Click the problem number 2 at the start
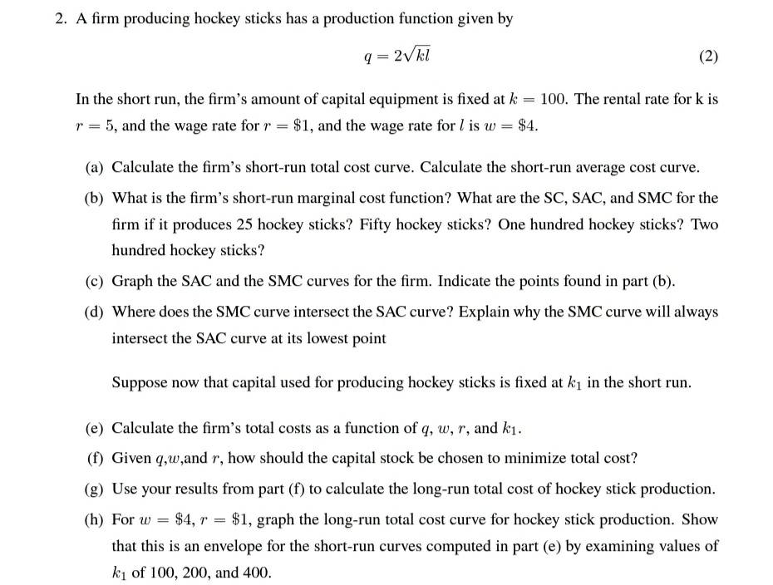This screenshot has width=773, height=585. [x=60, y=19]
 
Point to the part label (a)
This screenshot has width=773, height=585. [x=96, y=167]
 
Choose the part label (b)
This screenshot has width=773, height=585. [x=96, y=198]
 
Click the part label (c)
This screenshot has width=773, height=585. [x=96, y=280]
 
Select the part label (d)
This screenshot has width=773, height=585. [x=96, y=311]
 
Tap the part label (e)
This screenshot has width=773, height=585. [x=96, y=428]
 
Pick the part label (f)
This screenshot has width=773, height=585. [x=96, y=458]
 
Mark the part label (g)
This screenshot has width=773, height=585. [x=96, y=489]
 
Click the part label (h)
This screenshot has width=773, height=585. [x=96, y=519]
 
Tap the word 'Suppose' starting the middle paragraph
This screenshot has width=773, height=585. [x=139, y=383]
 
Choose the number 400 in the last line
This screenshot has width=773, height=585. [x=258, y=573]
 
